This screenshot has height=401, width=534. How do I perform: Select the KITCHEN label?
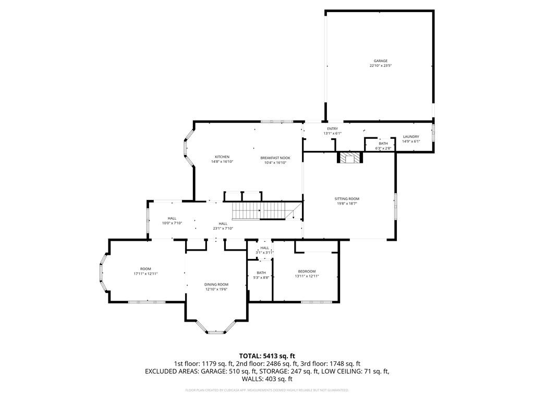[x=222, y=157]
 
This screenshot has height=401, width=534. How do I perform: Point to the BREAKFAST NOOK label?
[x=275, y=158]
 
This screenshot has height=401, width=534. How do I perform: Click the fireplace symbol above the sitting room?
[x=348, y=158]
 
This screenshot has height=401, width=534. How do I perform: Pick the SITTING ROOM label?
[x=347, y=199]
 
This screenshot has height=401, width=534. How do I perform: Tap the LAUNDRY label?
[x=411, y=137]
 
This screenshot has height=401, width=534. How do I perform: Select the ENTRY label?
[x=332, y=128]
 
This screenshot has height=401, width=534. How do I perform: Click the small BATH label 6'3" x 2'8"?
[x=383, y=144]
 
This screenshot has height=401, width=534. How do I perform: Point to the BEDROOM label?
[x=307, y=271]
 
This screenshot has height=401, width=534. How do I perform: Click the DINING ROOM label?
[x=216, y=285]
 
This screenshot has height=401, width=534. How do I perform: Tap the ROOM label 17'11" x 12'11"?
[x=145, y=269]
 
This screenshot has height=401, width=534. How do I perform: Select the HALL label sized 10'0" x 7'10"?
[x=172, y=218]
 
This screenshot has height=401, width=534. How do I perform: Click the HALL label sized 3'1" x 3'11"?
[x=264, y=248]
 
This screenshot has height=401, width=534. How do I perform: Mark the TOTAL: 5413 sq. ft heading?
[x=267, y=356]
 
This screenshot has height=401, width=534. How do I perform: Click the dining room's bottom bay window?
[x=215, y=331]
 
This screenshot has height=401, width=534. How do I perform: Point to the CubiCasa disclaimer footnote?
[x=267, y=390]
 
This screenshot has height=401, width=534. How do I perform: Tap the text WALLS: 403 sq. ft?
[x=267, y=379]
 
